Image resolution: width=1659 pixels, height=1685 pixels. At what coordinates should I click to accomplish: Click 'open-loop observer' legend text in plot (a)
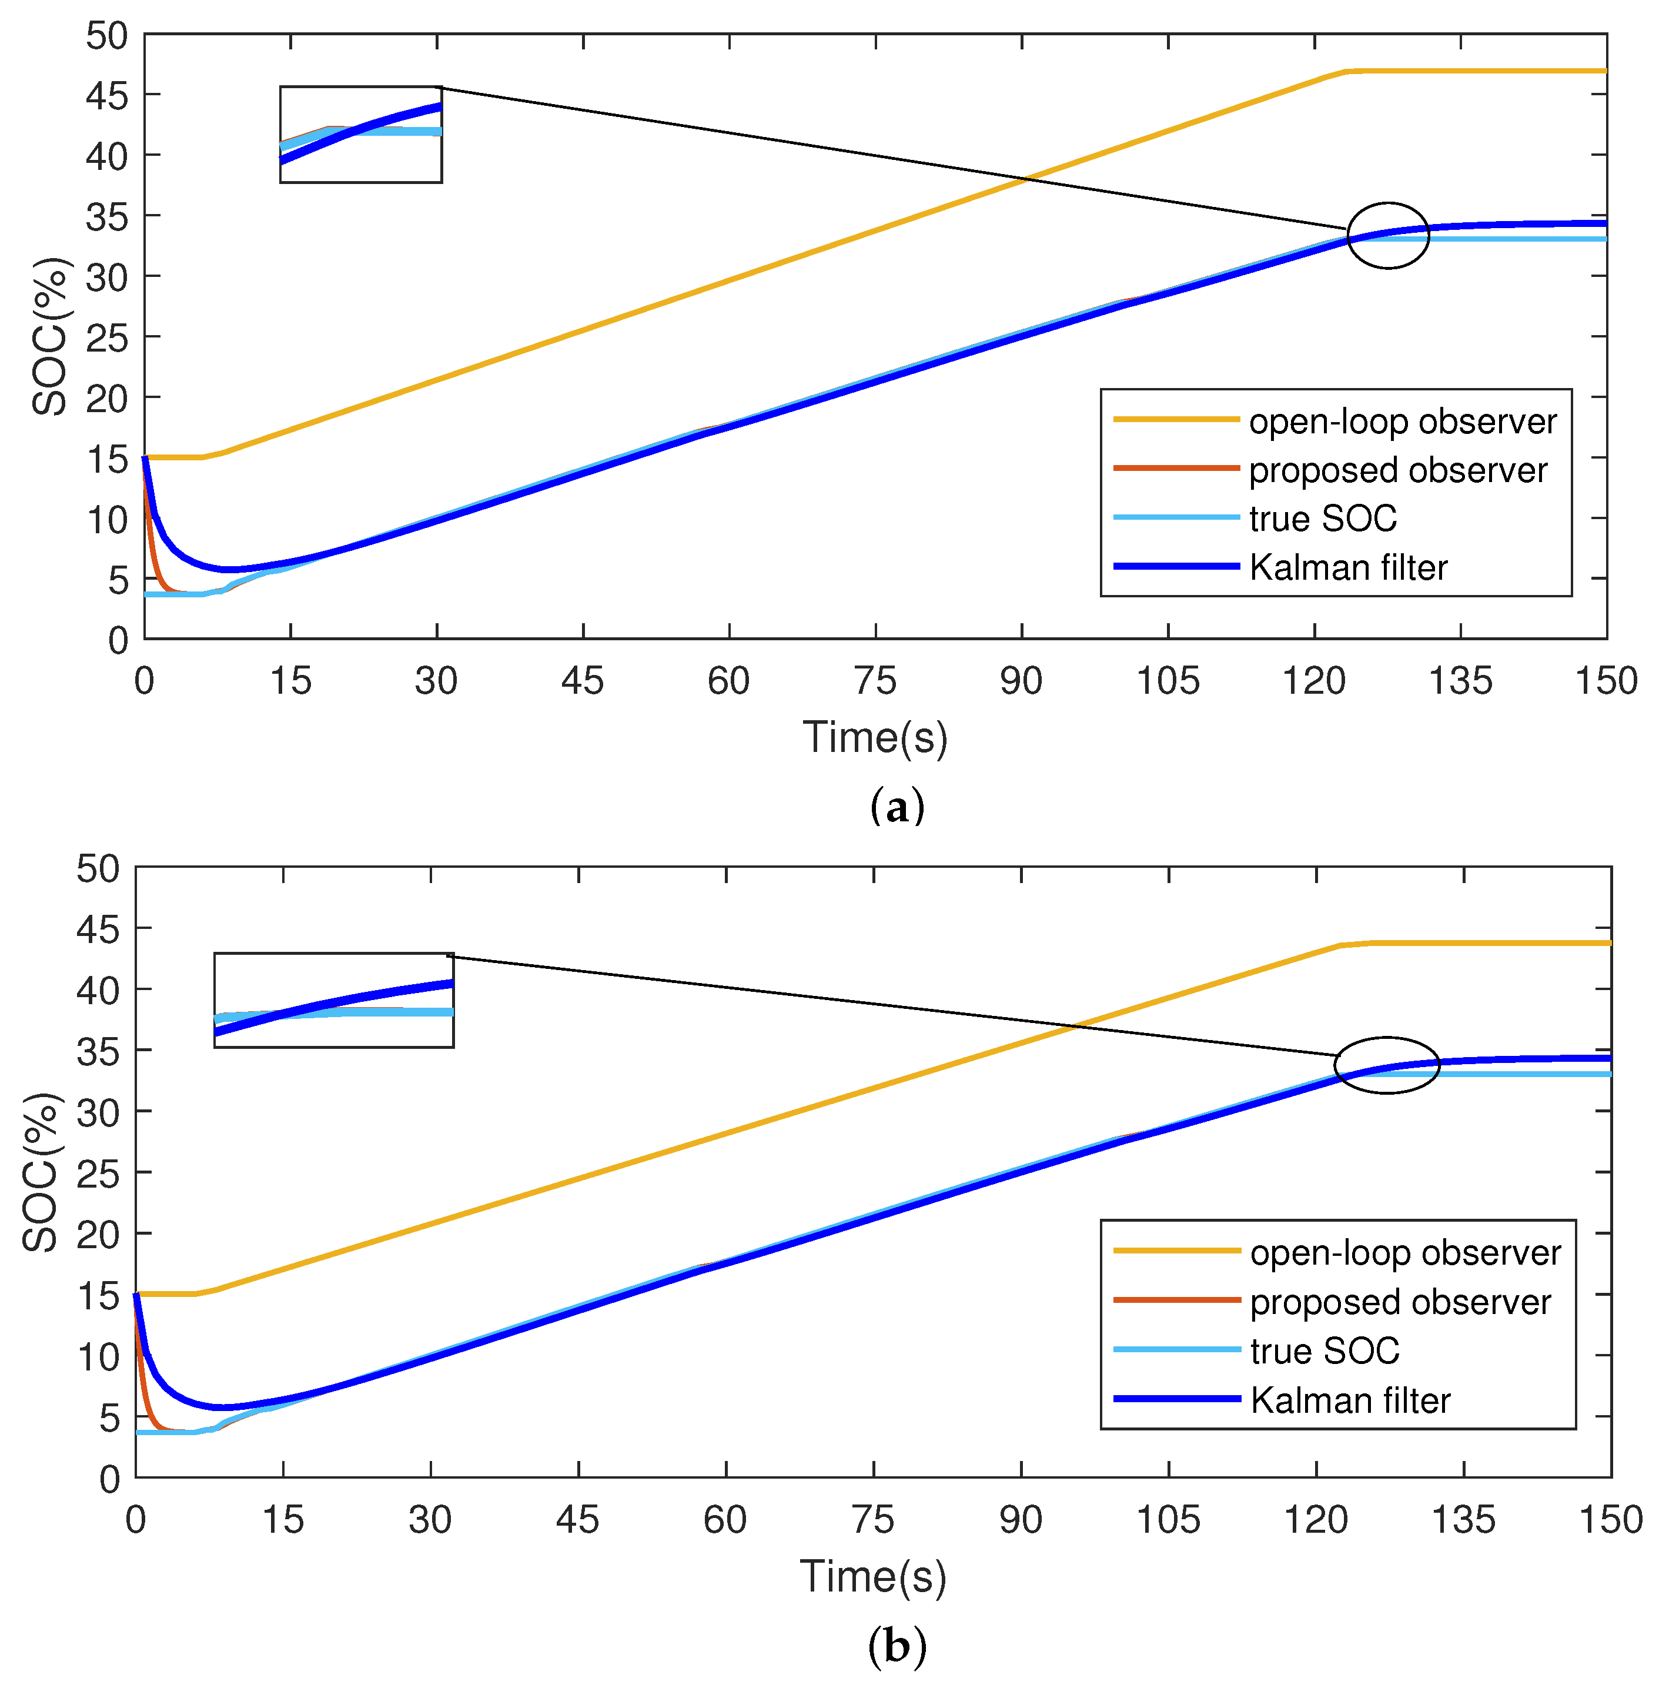tap(1402, 422)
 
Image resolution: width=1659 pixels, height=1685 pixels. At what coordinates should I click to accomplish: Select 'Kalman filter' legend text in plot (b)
tap(1350, 1401)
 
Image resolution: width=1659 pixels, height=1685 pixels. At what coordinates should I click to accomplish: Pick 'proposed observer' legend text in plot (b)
tap(1399, 1302)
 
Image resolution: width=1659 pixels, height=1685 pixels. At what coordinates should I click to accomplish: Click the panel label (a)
tap(897, 807)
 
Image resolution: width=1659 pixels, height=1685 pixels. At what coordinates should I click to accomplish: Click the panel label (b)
tap(897, 1646)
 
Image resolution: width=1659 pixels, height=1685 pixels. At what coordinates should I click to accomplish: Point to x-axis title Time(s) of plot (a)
tap(874, 737)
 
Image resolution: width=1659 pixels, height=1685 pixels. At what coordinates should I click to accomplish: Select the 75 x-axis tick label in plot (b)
tap(872, 1520)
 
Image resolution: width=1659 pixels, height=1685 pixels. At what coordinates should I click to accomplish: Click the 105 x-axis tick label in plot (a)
tap(1168, 681)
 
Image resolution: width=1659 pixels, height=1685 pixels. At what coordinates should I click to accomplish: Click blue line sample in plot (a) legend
tap(1176, 566)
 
